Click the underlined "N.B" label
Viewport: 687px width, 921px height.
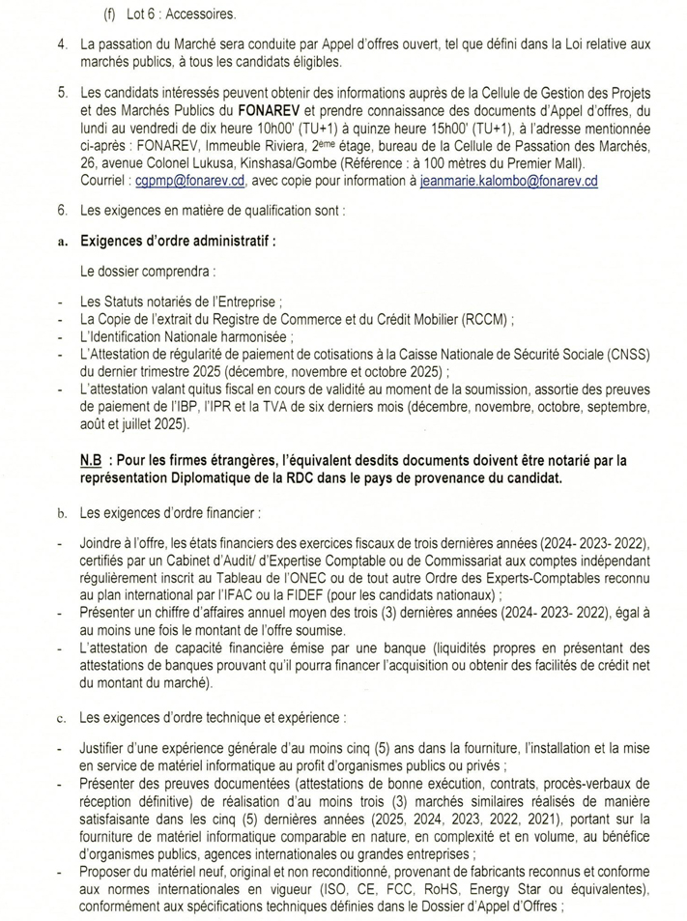(x=95, y=462)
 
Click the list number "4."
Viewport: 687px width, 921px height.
(x=62, y=45)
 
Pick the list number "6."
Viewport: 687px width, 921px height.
(x=62, y=209)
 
